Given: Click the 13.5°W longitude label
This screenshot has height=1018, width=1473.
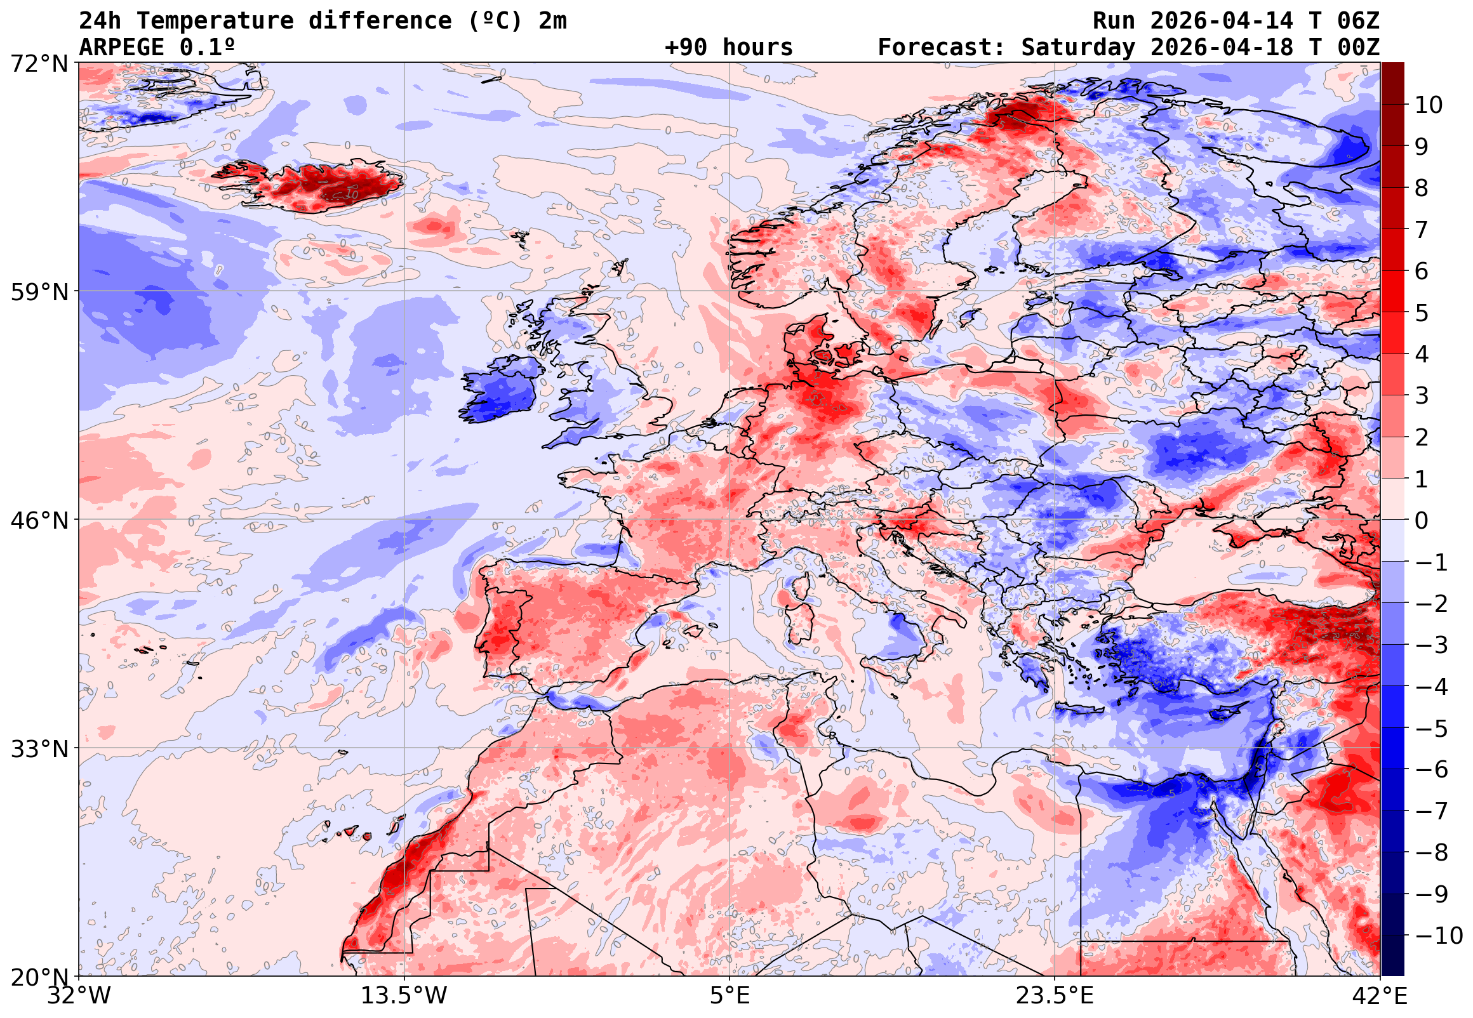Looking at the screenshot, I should [404, 996].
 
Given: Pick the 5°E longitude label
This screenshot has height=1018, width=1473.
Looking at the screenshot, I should [729, 996].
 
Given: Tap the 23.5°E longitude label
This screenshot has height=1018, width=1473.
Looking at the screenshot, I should [1055, 996].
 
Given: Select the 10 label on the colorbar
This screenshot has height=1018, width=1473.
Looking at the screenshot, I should [1429, 105].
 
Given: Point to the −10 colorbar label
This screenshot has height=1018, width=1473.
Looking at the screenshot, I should [1439, 935].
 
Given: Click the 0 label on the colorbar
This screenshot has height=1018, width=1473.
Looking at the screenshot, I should [1422, 520].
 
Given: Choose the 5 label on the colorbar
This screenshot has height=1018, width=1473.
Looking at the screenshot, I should [1422, 313].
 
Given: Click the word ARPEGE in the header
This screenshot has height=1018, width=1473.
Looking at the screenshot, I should [121, 48].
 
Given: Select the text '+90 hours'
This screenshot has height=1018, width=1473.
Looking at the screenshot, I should [728, 48].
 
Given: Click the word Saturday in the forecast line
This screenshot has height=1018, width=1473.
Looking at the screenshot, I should [1078, 48].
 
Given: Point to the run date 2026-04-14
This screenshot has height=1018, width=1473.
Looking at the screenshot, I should [1222, 21].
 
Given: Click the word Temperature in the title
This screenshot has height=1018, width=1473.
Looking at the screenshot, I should [215, 21].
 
